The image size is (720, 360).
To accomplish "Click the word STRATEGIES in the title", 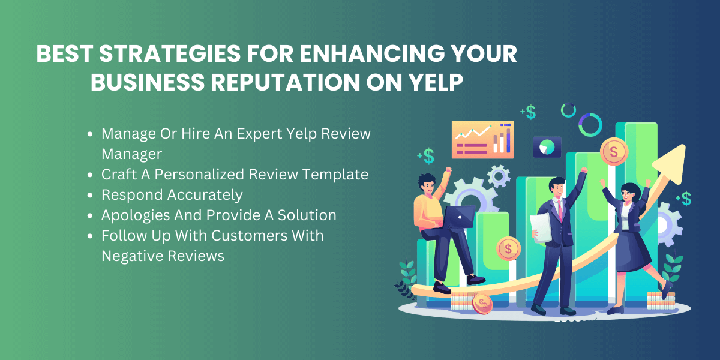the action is [170, 53].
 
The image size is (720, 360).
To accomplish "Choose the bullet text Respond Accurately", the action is [172, 195].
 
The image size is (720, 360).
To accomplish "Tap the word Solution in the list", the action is [307, 215].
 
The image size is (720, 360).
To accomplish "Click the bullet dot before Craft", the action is [90, 175].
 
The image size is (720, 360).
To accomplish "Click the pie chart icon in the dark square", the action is [547, 147].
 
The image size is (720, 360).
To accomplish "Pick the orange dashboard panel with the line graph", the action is [482, 139].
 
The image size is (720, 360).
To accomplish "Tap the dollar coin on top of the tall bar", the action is [614, 152].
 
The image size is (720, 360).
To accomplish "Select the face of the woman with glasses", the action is [627, 195].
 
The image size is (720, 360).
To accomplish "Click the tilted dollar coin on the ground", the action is [482, 304].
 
